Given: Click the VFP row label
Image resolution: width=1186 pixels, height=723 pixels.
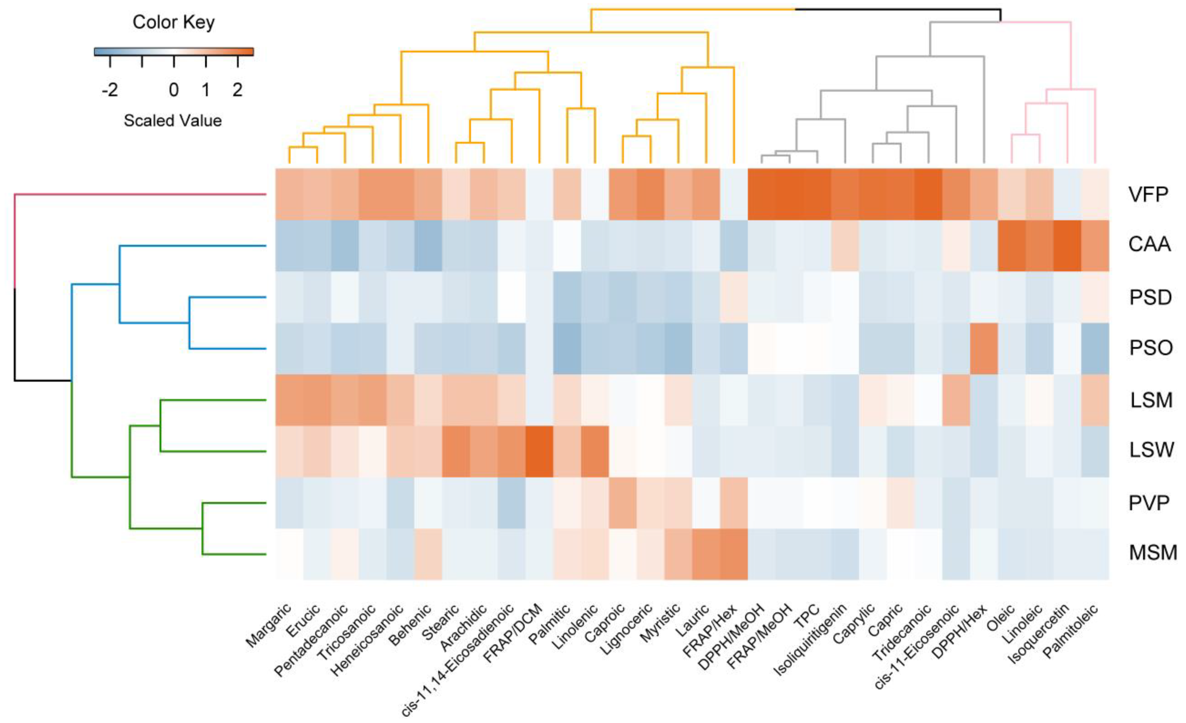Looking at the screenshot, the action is point(1148,194).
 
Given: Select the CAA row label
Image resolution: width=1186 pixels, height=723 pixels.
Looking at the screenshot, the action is point(1149,244).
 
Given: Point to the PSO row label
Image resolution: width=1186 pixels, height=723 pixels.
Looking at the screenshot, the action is point(1151,348).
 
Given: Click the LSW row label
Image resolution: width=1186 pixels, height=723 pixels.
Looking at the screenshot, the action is point(1151,450).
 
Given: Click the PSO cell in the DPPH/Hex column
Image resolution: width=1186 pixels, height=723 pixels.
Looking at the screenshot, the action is point(984,349).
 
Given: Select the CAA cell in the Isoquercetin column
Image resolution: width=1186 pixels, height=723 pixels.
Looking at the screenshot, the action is point(1067,246).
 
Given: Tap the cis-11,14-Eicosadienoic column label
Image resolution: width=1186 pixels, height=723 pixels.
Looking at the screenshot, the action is point(457,660).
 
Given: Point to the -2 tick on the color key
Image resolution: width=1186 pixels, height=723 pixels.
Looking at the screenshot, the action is point(110,90).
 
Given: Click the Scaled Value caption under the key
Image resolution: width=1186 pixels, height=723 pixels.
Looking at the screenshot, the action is point(173,120).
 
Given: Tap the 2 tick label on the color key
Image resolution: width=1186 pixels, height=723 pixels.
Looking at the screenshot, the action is point(237,90).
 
